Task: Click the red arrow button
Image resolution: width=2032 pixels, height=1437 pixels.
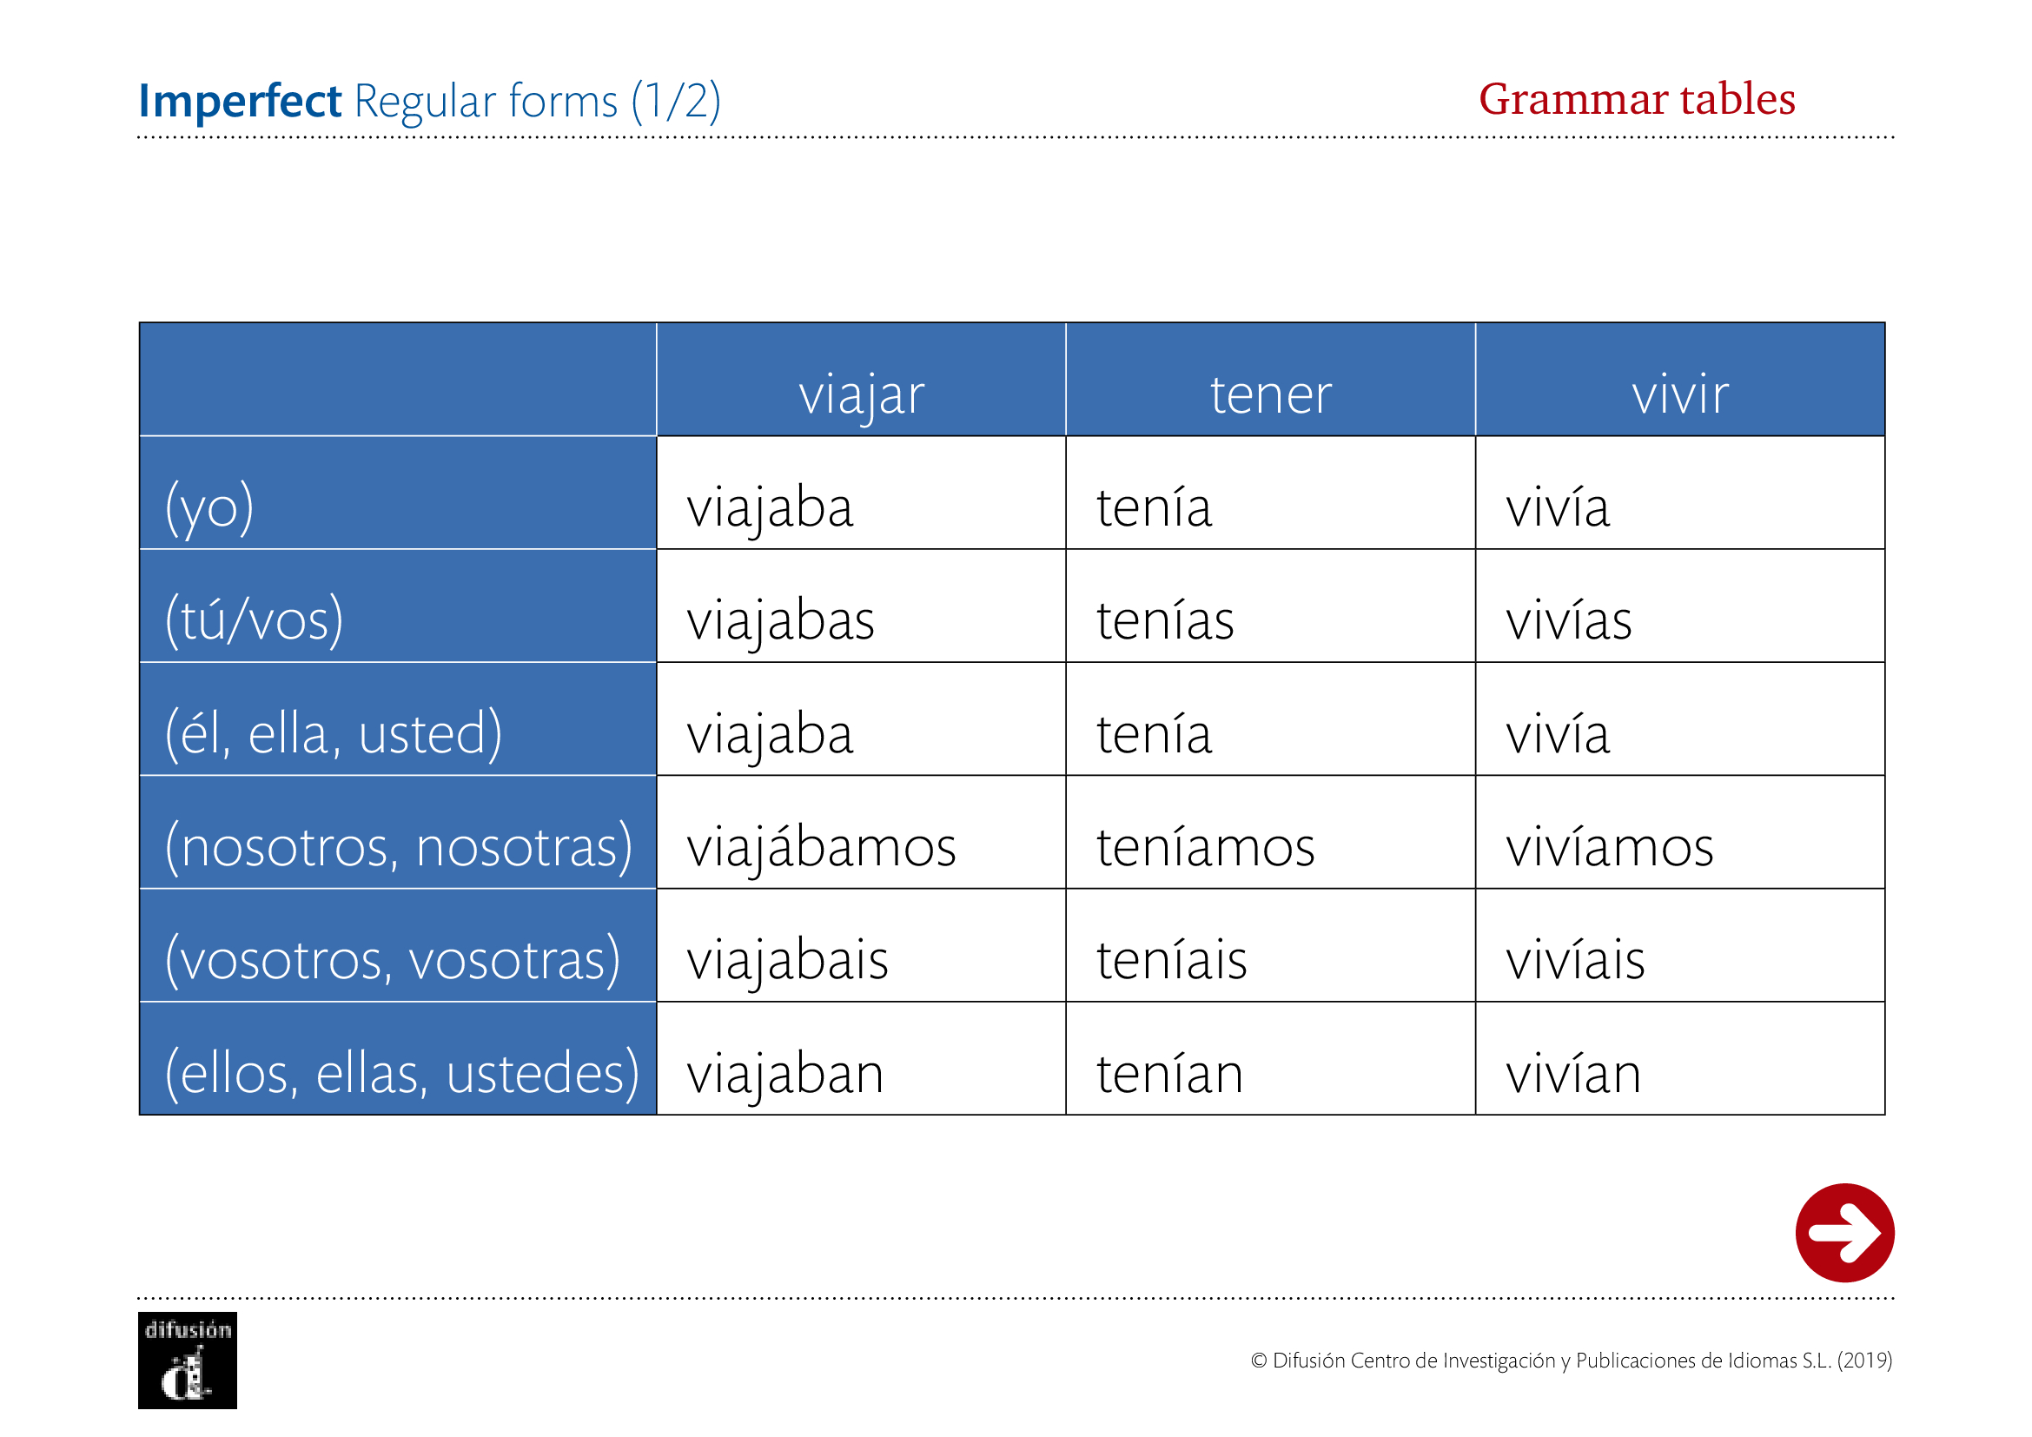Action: point(1844,1233)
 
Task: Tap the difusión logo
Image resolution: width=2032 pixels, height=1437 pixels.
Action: point(188,1360)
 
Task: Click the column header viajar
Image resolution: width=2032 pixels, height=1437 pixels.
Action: point(861,395)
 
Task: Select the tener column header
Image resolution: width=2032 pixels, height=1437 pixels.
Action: point(1271,394)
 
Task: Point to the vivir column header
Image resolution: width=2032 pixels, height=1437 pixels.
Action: point(1680,394)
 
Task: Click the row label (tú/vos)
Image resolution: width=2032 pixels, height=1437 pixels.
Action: point(254,620)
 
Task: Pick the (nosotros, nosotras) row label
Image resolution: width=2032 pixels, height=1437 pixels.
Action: point(399,847)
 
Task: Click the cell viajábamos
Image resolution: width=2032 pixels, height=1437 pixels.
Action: point(821,845)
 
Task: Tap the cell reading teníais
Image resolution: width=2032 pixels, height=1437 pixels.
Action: point(1172,958)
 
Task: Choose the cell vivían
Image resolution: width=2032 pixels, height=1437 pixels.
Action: point(1573,1071)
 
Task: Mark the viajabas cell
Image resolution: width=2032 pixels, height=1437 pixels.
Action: point(781,620)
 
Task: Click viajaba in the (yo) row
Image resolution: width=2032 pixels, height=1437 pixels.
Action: point(770,507)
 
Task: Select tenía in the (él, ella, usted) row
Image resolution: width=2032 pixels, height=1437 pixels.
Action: point(1154,732)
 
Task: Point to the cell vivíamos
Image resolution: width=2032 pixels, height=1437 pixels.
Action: point(1610,845)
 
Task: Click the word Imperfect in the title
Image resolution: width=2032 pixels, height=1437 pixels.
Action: point(240,101)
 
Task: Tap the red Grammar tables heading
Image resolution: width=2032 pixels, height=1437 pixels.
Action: point(1638,98)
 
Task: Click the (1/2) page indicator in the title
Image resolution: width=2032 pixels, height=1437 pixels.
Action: point(676,101)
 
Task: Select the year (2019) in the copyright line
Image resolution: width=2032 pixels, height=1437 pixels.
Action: point(1864,1360)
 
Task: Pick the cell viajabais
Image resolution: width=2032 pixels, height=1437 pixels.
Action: point(788,960)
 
